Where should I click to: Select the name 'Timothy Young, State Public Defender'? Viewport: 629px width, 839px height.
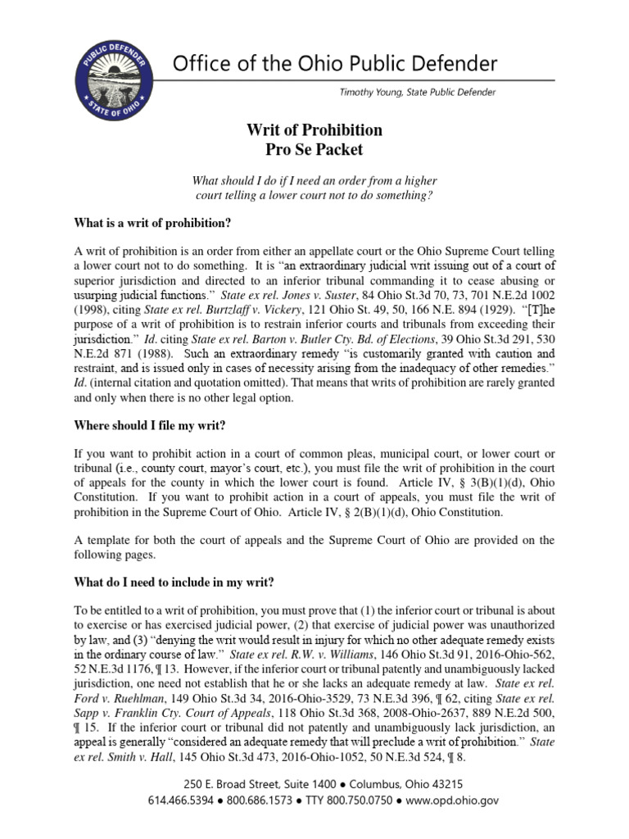coord(417,93)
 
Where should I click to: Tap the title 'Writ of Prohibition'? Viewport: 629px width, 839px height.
coord(314,130)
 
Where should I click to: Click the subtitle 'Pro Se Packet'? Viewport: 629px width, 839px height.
coord(314,150)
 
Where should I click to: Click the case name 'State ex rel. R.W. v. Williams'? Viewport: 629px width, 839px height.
coord(311,655)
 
